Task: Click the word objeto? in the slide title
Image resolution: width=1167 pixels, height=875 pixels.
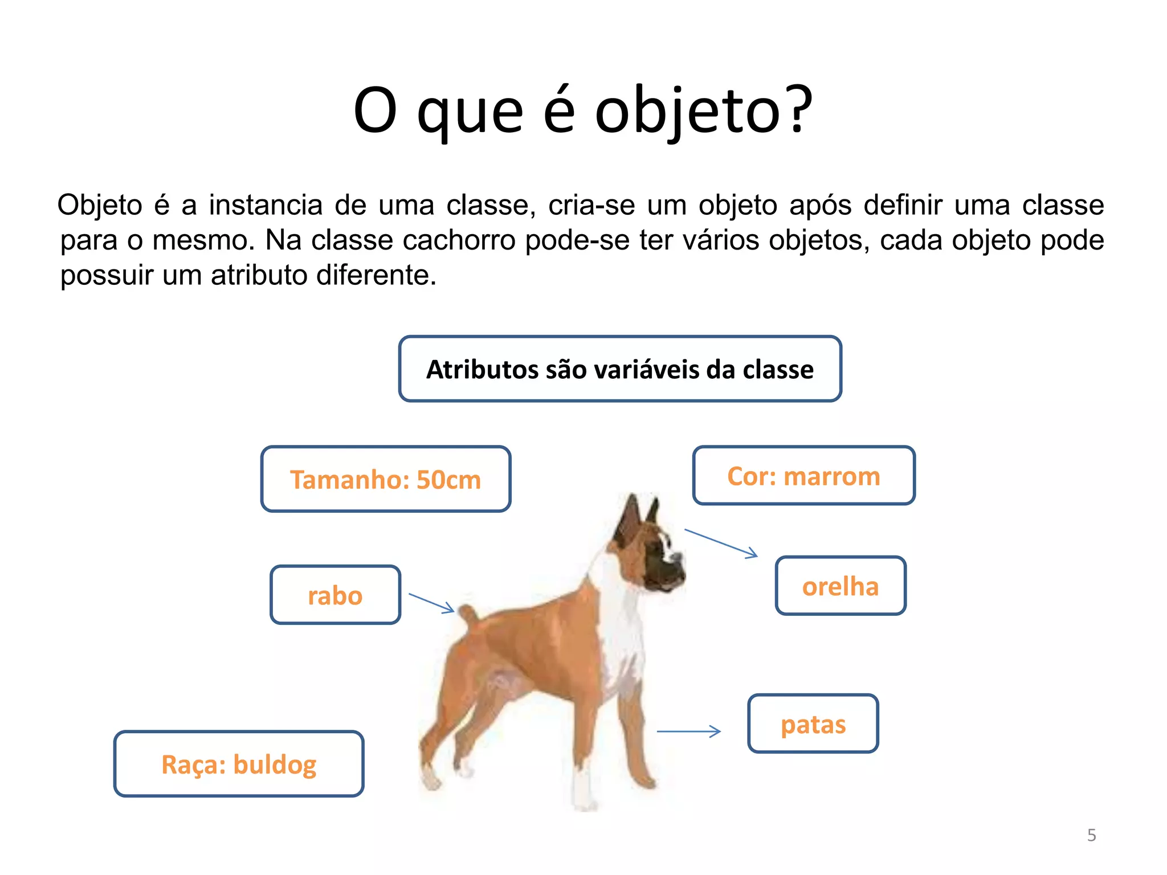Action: tap(703, 111)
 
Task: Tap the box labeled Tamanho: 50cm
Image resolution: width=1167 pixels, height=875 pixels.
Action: tap(386, 479)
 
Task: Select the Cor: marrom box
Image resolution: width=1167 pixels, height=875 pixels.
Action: tap(803, 476)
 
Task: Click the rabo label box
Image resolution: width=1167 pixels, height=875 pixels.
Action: tap(335, 595)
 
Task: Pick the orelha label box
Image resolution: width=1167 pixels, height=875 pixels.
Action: tap(840, 586)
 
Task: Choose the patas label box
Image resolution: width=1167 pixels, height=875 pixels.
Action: tap(813, 723)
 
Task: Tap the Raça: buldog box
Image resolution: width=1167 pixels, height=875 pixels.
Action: tap(239, 764)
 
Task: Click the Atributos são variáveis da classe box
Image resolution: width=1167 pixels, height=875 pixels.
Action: tap(620, 369)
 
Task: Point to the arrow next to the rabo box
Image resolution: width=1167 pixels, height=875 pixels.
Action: tap(432, 603)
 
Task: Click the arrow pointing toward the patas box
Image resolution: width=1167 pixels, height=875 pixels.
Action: tap(689, 731)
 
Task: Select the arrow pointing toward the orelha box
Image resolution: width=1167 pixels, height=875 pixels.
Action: tap(721, 543)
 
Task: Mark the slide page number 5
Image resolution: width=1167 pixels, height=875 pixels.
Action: tap(1091, 835)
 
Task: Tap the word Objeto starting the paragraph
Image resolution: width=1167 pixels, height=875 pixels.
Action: tap(100, 205)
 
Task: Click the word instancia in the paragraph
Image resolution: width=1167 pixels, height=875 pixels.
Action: tap(266, 205)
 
